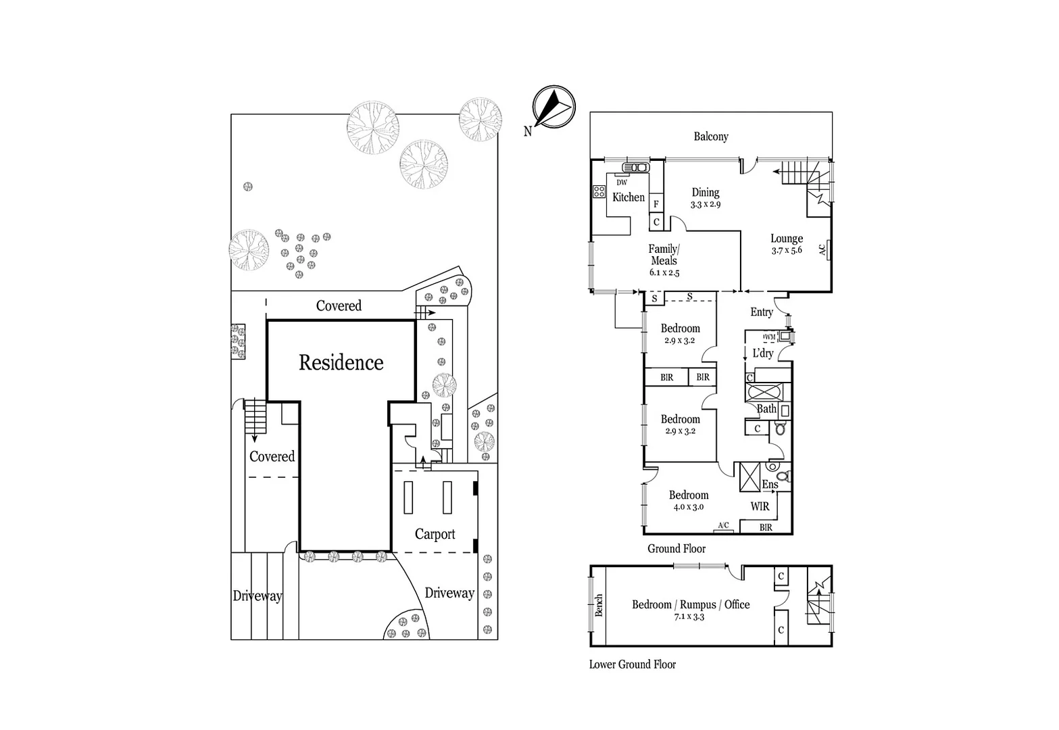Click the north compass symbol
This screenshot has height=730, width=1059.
point(553,107)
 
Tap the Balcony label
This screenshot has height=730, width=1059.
point(710,137)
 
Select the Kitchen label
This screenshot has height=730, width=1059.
point(628,197)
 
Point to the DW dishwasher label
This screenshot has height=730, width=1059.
point(622,182)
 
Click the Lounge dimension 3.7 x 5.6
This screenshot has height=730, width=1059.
point(787,250)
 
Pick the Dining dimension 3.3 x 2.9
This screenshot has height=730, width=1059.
point(705,204)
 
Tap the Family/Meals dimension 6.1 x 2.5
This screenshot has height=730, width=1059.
point(664,273)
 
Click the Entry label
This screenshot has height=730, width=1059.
point(761,312)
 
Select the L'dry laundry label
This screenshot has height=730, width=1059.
point(763,354)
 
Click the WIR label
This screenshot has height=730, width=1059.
point(760,506)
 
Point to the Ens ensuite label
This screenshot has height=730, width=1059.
point(770,485)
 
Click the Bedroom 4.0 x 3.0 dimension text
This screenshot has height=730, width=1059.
point(688,507)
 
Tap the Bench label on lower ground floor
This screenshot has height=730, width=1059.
point(599,606)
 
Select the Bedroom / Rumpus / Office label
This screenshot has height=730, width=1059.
point(691,605)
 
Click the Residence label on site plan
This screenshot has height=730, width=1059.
point(341,363)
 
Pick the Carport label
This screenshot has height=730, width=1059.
point(435,534)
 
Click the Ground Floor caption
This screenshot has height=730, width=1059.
point(676,549)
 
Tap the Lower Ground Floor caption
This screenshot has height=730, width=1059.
point(632,664)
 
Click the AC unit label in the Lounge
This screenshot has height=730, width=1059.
point(822,249)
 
